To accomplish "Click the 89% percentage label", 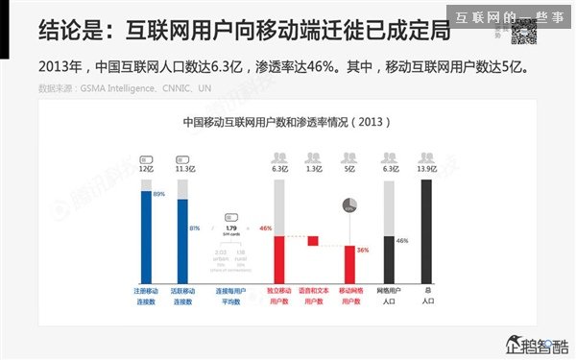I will pyautogui.click(x=159, y=195).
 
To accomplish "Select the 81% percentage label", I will pyautogui.click(x=195, y=228).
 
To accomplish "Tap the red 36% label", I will pyautogui.click(x=363, y=250).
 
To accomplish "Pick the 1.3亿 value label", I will pyautogui.click(x=313, y=168).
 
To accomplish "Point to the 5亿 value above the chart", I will pyautogui.click(x=349, y=168).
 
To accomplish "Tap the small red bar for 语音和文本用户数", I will pyautogui.click(x=313, y=241).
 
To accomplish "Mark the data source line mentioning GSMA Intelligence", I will pyautogui.click(x=125, y=88).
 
